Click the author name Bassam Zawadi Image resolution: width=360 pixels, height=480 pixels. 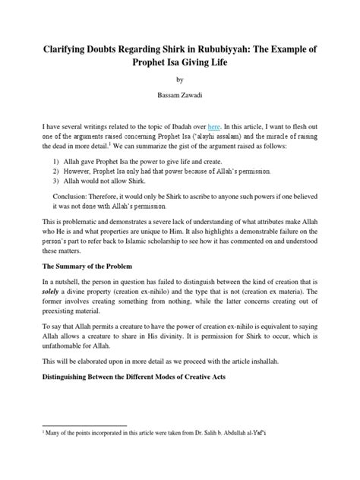click(179, 96)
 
